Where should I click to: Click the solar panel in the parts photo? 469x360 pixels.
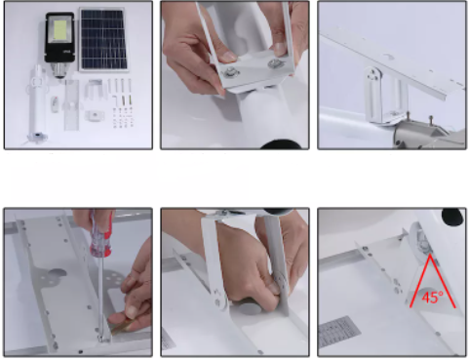point(103,39)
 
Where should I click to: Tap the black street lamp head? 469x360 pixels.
point(59,37)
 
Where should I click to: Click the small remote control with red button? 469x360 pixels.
point(55,104)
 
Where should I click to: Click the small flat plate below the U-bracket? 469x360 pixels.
point(95,115)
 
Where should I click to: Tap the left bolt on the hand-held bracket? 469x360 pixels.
point(230,72)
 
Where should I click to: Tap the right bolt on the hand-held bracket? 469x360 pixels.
point(274,63)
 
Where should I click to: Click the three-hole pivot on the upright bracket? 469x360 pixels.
point(372,76)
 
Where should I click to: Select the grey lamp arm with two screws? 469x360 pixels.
point(419,132)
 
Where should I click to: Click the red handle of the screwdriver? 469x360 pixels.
point(101,235)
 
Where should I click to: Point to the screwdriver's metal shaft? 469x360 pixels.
point(101,297)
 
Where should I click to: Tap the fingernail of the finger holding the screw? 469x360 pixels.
point(132,312)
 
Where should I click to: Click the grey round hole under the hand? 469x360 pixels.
point(249,307)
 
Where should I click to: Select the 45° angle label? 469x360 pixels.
point(433,297)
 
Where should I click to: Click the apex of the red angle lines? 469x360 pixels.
point(430,255)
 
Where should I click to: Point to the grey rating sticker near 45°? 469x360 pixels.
point(339,331)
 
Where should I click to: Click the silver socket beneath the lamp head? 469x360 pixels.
point(59,70)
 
